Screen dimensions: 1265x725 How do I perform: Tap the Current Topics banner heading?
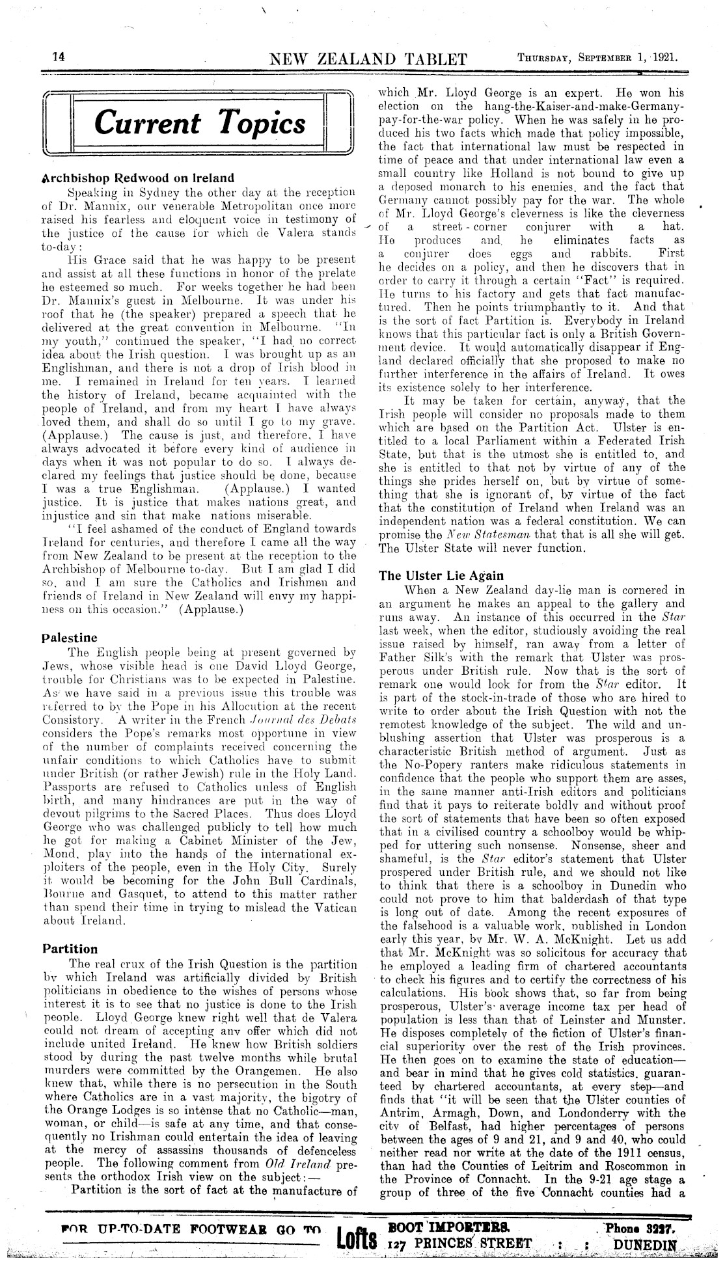tap(200, 124)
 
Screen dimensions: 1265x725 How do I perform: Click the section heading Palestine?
tap(70, 637)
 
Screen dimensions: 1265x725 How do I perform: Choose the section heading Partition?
tap(70, 948)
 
